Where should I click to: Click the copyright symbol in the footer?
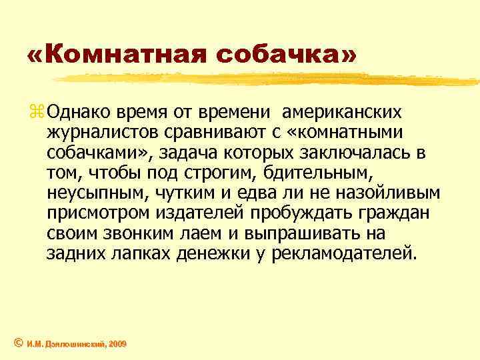(18, 343)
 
